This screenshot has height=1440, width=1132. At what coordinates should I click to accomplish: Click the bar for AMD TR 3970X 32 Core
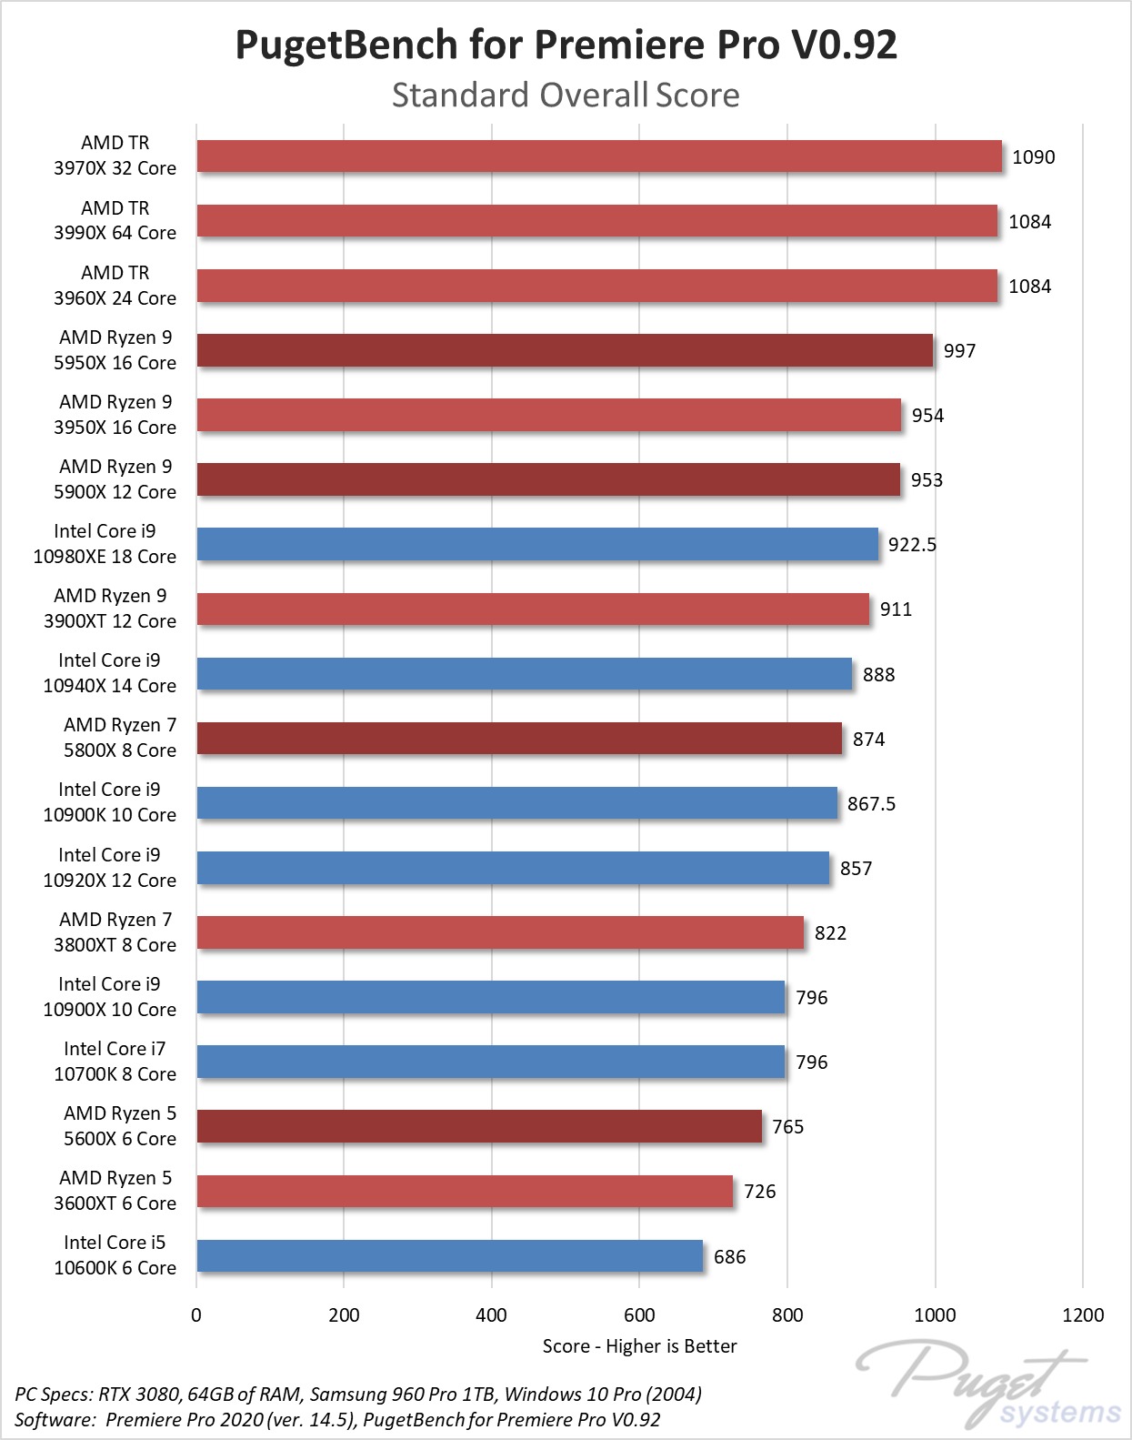(x=599, y=156)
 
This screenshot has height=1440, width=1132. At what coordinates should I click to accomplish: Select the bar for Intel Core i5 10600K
(x=450, y=1256)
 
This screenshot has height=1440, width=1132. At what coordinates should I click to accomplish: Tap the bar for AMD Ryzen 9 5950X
(x=565, y=350)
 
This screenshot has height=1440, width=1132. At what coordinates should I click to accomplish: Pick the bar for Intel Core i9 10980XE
(x=537, y=544)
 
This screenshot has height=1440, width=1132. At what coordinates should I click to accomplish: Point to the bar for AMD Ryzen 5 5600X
(x=479, y=1126)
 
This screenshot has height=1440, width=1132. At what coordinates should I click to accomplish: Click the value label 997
(x=959, y=351)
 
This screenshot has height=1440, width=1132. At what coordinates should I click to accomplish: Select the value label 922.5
(x=912, y=545)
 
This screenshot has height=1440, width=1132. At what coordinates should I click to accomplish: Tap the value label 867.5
(x=871, y=804)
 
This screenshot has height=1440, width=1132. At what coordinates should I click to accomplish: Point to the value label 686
(x=729, y=1257)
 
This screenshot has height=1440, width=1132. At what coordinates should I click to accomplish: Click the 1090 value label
(x=1033, y=157)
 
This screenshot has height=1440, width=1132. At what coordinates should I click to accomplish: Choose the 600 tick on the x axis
(x=639, y=1315)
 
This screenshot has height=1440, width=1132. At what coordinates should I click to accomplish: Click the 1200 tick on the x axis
(x=1083, y=1315)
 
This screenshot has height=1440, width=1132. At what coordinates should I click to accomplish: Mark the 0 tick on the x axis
(x=196, y=1315)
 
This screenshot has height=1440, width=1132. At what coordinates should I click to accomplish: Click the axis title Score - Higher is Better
(x=639, y=1346)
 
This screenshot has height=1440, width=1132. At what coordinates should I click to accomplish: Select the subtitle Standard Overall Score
(x=566, y=96)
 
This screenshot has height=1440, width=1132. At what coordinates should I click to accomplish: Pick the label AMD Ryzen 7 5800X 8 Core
(x=119, y=738)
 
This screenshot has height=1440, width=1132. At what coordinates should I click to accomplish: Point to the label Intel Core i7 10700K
(x=115, y=1062)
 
